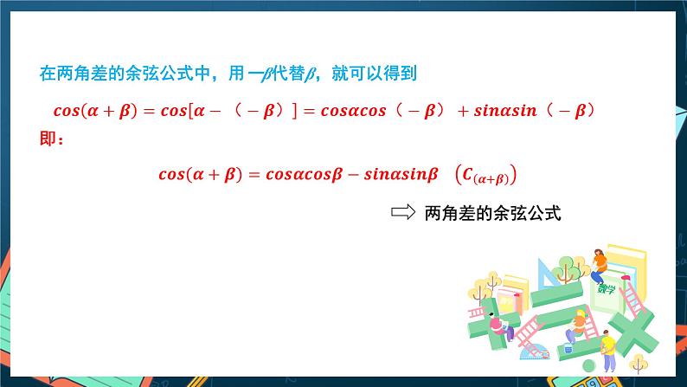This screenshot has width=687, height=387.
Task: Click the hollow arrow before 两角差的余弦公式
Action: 404,213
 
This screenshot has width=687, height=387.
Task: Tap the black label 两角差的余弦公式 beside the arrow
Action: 493,213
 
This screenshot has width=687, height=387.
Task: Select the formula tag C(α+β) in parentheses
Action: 485,174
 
